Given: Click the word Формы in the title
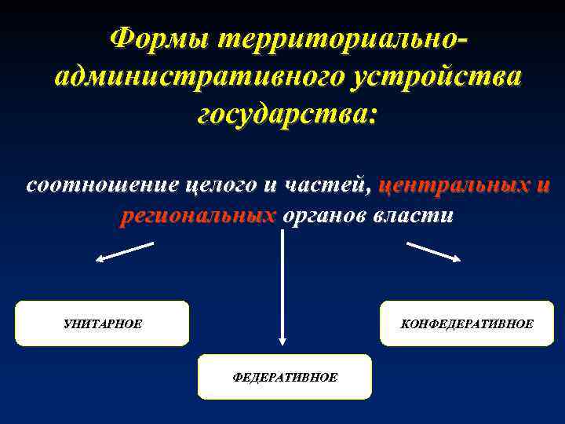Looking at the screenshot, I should point(157,38).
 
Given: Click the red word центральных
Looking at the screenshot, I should point(452,185).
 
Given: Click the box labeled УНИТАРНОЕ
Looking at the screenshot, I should point(102,323).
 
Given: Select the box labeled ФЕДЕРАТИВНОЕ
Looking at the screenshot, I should point(285,377).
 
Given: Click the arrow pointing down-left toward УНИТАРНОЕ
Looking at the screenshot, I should point(125,252).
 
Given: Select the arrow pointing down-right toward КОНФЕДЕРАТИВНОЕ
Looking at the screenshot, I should point(433,251).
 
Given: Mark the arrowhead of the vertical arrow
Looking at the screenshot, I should point(282,341).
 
